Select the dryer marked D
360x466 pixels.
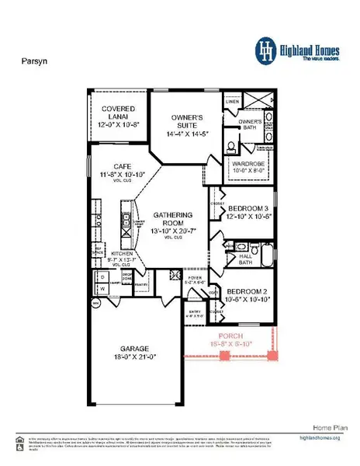coord(102,276)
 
